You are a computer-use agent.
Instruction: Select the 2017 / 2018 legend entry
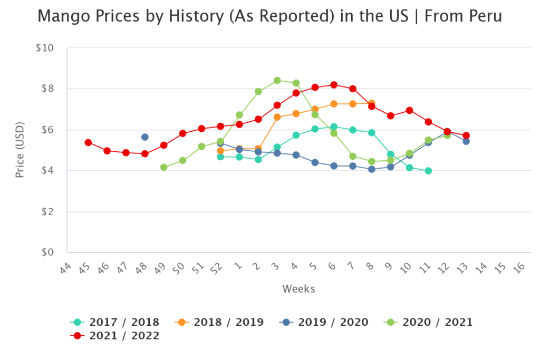114,322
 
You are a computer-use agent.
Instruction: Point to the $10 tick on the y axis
45,48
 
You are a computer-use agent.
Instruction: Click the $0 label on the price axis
47,252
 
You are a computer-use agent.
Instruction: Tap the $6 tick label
47,130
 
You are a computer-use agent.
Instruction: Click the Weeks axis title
298,289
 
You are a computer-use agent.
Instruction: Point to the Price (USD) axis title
20,150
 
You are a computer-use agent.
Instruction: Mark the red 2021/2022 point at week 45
88,143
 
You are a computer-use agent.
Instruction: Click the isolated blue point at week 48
144,137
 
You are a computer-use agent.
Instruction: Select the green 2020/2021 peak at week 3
277,81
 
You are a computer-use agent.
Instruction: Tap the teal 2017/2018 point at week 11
428,171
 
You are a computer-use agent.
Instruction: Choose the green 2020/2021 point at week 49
163,167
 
